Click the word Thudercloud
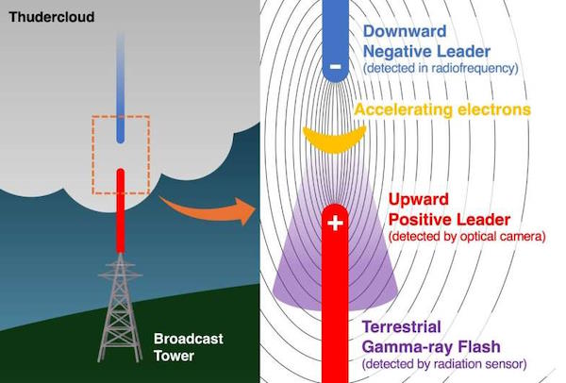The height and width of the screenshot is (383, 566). pyautogui.click(x=52, y=17)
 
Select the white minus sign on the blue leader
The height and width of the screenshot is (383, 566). pyautogui.click(x=335, y=66)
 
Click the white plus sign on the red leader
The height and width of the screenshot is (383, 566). pyautogui.click(x=335, y=223)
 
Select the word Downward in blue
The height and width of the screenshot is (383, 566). pyautogui.click(x=405, y=31)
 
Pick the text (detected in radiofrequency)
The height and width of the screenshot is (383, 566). pyautogui.click(x=441, y=68)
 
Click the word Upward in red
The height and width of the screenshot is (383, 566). pyautogui.click(x=418, y=200)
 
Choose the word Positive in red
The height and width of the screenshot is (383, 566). pyautogui.click(x=419, y=220)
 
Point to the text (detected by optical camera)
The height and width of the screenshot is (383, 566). pyautogui.click(x=467, y=236)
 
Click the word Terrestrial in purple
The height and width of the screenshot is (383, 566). pyautogui.click(x=402, y=327)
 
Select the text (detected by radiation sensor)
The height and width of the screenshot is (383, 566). pyautogui.click(x=444, y=363)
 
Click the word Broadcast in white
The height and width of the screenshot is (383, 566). pyautogui.click(x=189, y=339)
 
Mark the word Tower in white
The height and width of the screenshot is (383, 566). pyautogui.click(x=174, y=356)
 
